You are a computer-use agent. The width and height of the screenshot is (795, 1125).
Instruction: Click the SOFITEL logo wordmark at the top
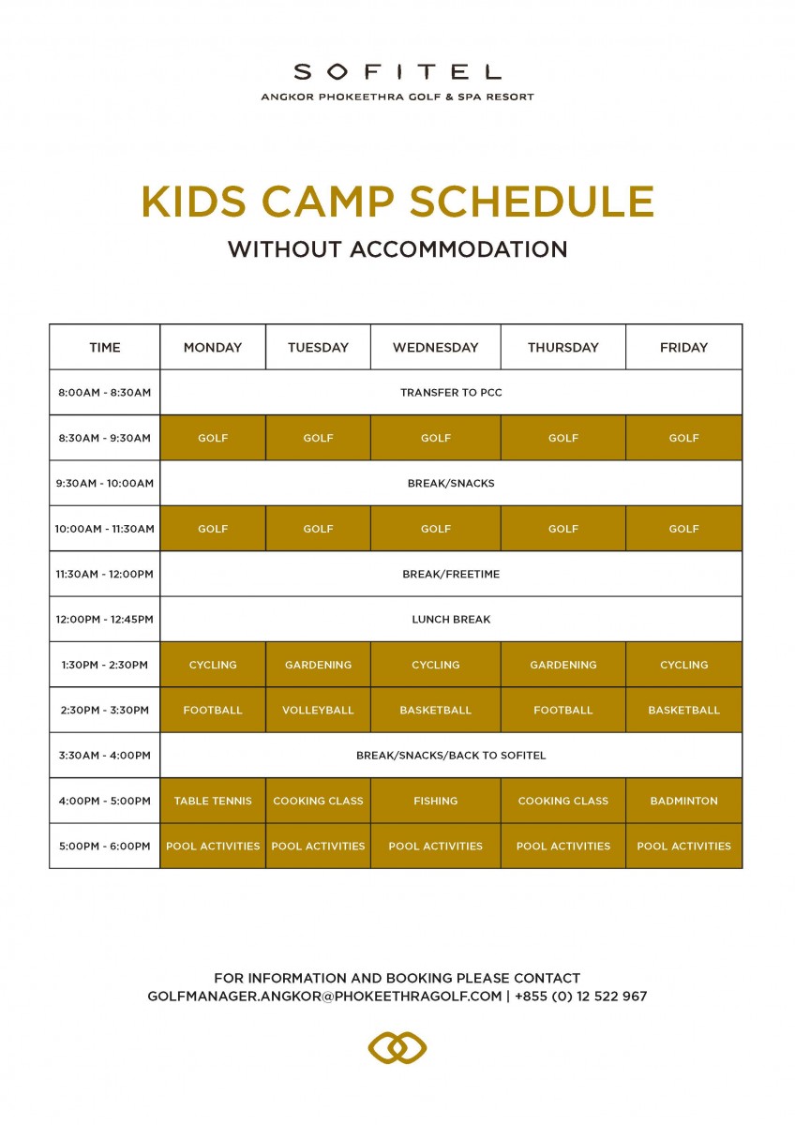point(397,72)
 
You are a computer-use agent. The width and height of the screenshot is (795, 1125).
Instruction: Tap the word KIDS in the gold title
point(194,202)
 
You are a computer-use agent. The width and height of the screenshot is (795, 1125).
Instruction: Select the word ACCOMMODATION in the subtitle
point(458,249)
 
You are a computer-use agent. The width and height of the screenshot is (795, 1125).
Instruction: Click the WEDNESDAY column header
point(435,347)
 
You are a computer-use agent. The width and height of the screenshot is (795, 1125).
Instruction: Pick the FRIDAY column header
point(683,347)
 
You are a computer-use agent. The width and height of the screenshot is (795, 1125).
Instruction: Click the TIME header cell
point(105,347)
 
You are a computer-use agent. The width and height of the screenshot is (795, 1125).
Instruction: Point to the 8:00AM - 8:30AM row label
point(104,392)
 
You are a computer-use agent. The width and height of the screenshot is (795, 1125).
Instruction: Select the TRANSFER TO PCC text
point(451,392)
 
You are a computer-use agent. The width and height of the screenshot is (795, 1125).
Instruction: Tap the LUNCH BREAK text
point(451,620)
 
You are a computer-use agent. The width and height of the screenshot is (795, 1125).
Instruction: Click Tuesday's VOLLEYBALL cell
point(318,710)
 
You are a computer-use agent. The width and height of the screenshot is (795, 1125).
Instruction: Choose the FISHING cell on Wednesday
point(435,801)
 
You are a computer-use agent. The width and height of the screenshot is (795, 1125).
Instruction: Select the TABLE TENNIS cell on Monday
point(213,801)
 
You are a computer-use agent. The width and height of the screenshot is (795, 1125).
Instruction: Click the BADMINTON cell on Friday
point(683,801)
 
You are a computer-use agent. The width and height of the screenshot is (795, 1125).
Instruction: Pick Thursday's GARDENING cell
point(563,665)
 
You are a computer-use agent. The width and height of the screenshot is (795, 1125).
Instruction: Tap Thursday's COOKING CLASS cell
point(563,801)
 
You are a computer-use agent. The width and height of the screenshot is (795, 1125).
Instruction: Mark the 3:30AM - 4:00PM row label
point(104,756)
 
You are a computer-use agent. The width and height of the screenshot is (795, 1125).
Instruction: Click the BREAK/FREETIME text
point(451,574)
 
